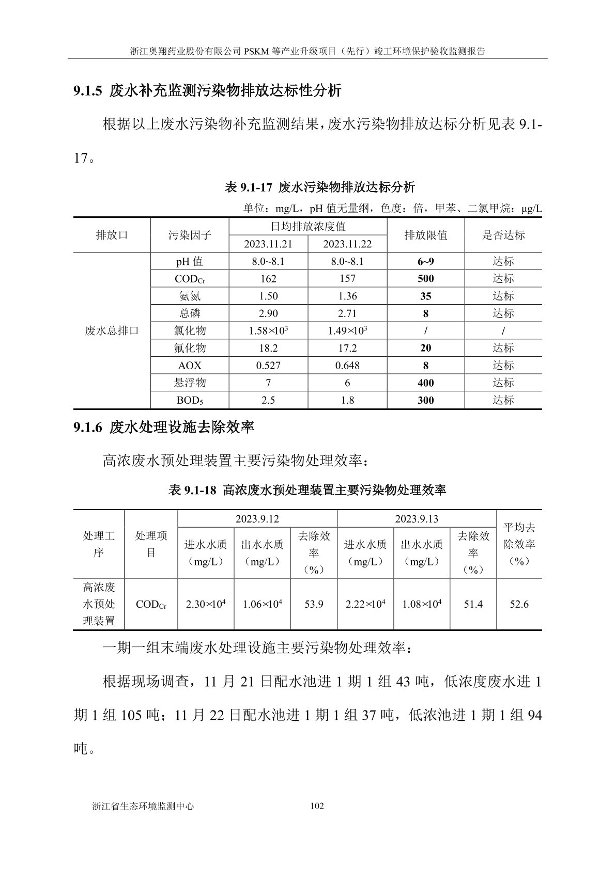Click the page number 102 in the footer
pos(316,806)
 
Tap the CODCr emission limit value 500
pos(425,279)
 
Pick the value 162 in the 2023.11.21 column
pos(268,279)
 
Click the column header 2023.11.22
pos(347,244)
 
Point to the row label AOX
pos(190,366)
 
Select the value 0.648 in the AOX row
pos(347,366)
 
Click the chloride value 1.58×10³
pos(268,330)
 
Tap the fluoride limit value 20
pos(425,348)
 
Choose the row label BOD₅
pos(190,400)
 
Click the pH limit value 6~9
pos(425,261)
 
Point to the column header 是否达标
pos(503,235)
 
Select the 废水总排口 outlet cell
pos(112,330)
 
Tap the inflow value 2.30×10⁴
pos(206,604)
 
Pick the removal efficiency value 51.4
pos(473,604)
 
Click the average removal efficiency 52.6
pos(519,604)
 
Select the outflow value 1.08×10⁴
pos(422,604)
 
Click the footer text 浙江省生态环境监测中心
pos(143,806)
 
